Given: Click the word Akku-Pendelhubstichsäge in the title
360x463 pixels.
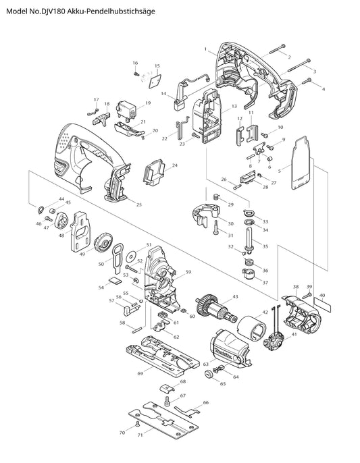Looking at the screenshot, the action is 111,11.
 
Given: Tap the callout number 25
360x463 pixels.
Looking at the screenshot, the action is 139,205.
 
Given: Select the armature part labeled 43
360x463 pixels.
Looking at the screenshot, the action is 215,309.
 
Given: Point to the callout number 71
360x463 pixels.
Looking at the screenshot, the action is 140,435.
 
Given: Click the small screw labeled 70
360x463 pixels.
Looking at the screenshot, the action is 137,425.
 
